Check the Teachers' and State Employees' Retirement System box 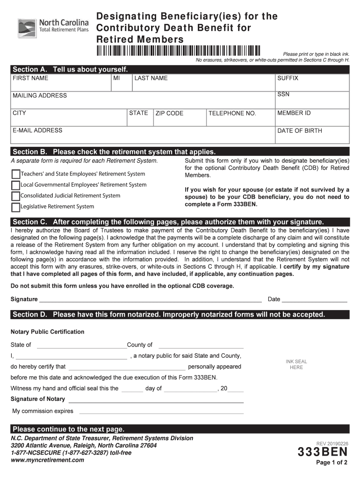pyautogui.click(x=15, y=174)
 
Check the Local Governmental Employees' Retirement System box pyautogui.click(x=15, y=185)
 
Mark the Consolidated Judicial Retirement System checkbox pyautogui.click(x=15, y=196)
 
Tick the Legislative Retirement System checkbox pyautogui.click(x=15, y=207)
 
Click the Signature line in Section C pyautogui.click(x=150, y=299)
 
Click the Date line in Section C pyautogui.click(x=315, y=299)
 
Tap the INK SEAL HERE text pyautogui.click(x=296, y=364)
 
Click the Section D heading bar pyautogui.click(x=180, y=314)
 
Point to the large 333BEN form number pyautogui.click(x=323, y=452)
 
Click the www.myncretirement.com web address pyautogui.click(x=48, y=460)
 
